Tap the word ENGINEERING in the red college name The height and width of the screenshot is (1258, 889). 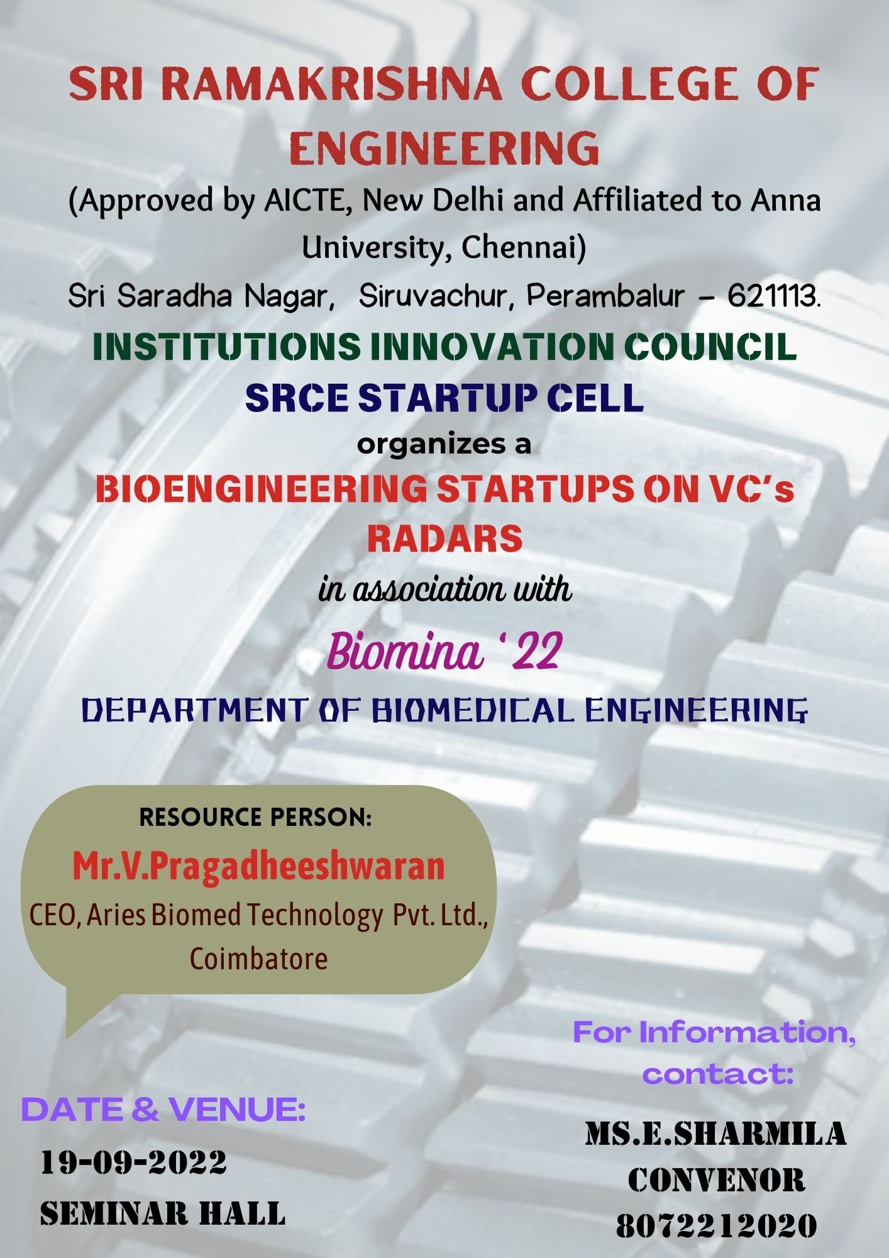[x=444, y=148]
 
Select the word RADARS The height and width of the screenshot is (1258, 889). [x=444, y=538]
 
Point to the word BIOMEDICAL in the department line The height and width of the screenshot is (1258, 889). [x=473, y=711]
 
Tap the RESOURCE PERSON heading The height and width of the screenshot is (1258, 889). [x=256, y=817]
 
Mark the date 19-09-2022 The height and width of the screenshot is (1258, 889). [x=134, y=1162]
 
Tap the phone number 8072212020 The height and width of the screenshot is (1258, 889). [x=716, y=1225]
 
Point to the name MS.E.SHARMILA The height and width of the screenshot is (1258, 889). [x=716, y=1133]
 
